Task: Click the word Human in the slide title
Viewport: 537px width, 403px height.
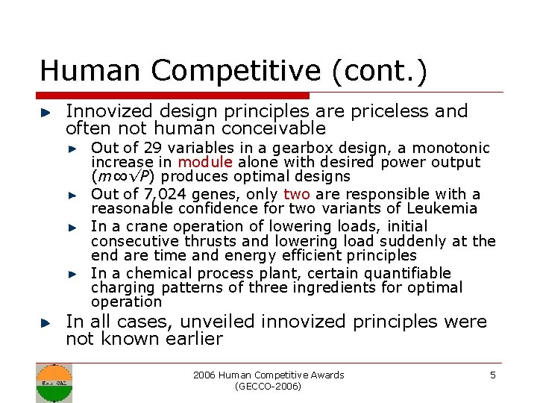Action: click(x=83, y=70)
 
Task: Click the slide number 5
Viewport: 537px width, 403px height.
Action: click(x=492, y=375)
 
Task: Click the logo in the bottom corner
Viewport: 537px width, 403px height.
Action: click(x=54, y=382)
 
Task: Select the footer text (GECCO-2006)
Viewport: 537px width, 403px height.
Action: click(x=268, y=387)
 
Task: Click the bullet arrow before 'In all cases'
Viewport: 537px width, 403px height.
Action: click(x=45, y=323)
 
